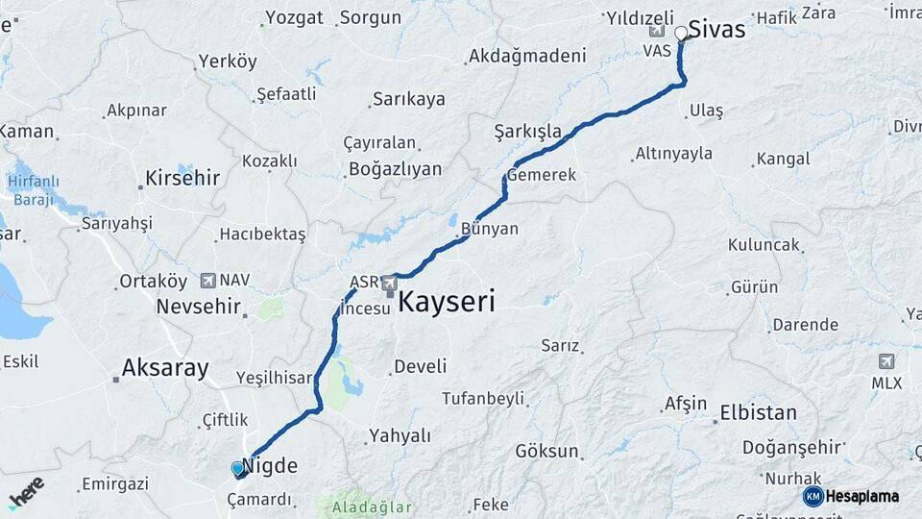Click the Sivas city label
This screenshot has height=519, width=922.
tap(716, 30)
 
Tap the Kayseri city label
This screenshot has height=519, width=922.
tap(447, 303)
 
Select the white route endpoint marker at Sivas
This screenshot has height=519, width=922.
tap(681, 34)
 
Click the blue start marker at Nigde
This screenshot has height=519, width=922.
tap(238, 469)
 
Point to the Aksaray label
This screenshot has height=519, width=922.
tap(165, 367)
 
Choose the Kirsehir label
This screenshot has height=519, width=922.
tap(182, 178)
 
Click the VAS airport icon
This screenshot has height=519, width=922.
tap(657, 31)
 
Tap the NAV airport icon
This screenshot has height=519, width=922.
tap(207, 281)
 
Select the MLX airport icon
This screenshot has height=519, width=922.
tap(886, 361)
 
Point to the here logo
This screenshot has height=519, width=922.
tap(26, 492)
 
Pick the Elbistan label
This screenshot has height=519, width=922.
tap(758, 413)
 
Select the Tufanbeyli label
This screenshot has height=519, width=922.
tap(483, 398)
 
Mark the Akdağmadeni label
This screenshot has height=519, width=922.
tap(526, 56)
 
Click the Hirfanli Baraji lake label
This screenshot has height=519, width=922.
tap(33, 189)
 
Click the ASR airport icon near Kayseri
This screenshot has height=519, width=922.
tap(389, 283)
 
